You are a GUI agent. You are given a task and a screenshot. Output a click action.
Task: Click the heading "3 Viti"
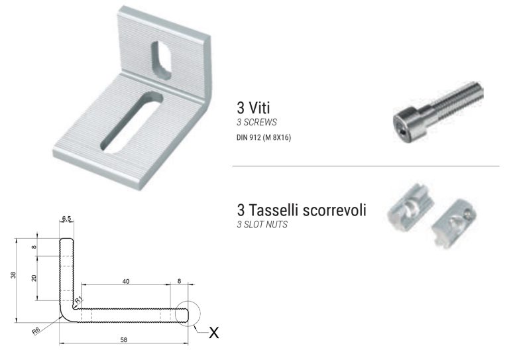tap(254, 107)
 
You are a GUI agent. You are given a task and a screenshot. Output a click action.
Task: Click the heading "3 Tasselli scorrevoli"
tap(302, 210)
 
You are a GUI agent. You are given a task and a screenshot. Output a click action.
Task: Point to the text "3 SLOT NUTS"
tap(261, 225)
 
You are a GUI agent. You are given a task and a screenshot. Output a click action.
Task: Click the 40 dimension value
tap(126, 281)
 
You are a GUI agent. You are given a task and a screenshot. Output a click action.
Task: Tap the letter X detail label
tap(213, 333)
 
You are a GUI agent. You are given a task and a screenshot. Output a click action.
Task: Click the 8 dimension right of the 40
tap(180, 281)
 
